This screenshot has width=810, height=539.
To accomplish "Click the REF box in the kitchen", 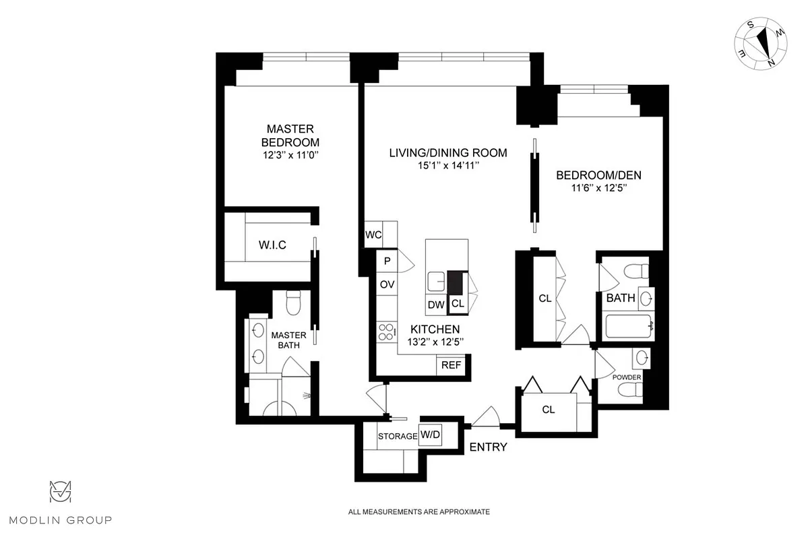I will point(451,366).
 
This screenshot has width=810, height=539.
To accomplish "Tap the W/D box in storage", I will point(430,435).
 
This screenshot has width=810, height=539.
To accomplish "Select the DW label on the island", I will point(436,305).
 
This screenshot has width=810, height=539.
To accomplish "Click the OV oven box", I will point(387,284).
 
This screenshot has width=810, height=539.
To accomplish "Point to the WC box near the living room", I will point(373,235).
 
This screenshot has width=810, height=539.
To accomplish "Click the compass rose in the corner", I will point(759,42).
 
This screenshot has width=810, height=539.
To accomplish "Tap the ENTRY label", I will point(488,447).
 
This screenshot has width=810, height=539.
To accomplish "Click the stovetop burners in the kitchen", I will point(386,332).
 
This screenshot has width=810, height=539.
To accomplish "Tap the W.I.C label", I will point(272,245).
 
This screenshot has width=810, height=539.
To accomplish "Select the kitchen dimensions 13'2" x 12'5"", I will point(435,342).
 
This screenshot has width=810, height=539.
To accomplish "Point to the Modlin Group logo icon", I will point(61,493).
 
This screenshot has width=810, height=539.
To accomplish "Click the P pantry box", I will point(387,261).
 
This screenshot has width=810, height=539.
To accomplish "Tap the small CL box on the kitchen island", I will point(458,305).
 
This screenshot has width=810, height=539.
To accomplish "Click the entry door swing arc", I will point(485,416).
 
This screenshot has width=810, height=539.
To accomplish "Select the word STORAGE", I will point(397,436).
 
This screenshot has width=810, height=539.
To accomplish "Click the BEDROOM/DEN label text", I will point(598,176).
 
